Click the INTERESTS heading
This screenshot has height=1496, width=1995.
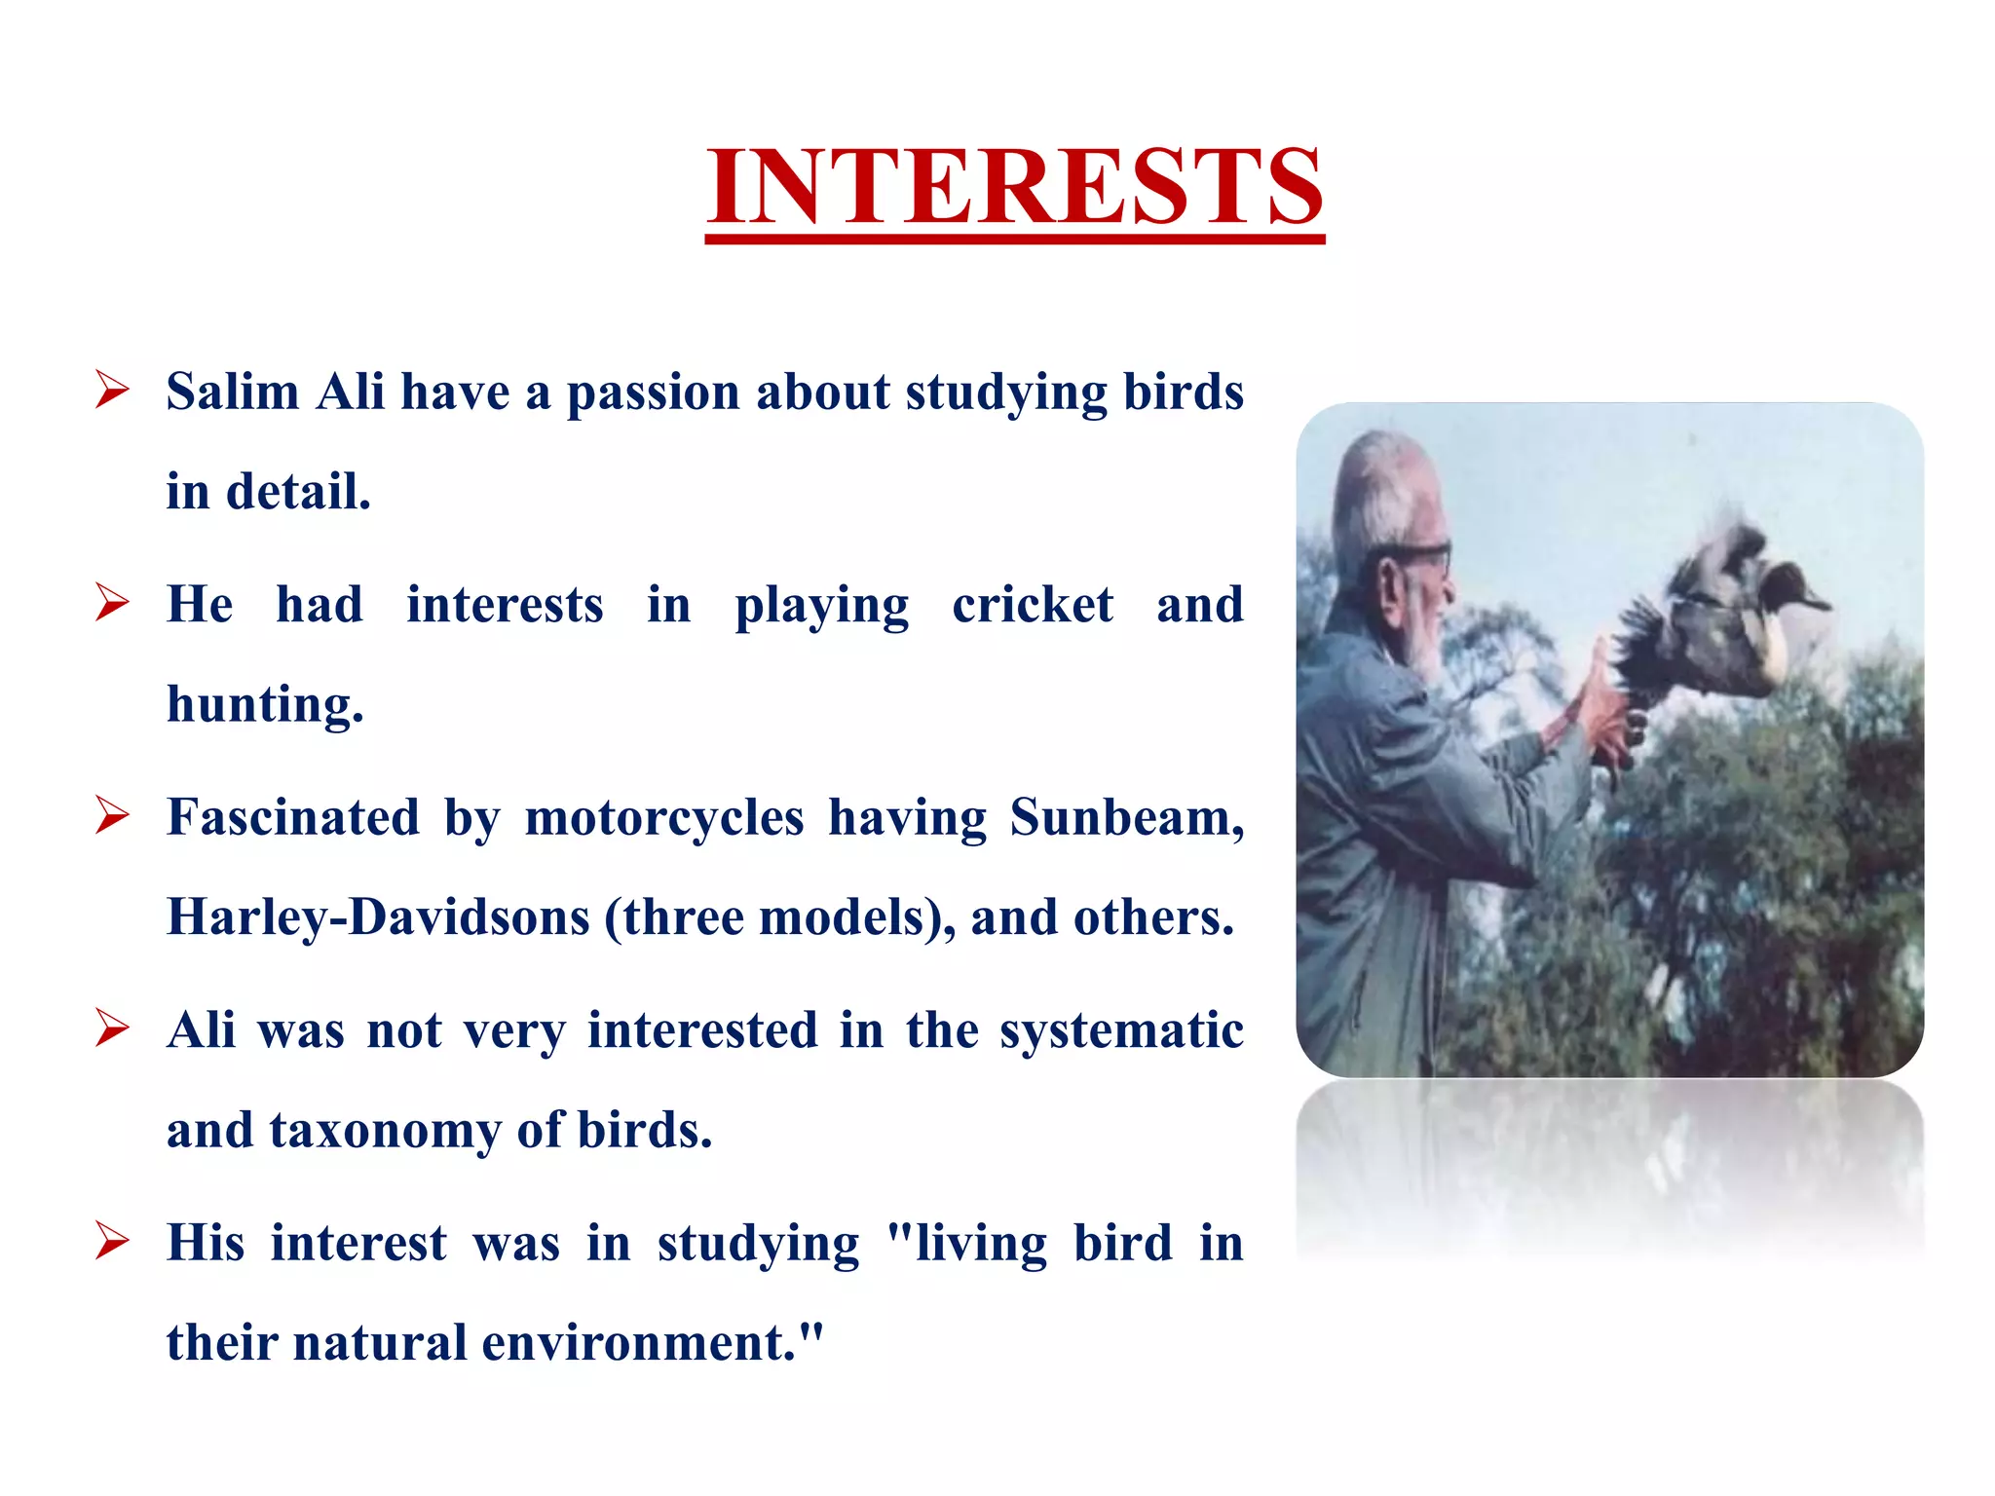[1014, 187]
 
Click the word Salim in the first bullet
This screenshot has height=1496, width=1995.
[232, 393]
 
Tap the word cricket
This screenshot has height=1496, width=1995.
[1032, 605]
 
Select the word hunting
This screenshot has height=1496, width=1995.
[265, 705]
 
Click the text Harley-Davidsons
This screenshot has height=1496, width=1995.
[378, 917]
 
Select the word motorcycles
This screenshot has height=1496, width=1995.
[664, 817]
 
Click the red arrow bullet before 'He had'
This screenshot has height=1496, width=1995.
[112, 603]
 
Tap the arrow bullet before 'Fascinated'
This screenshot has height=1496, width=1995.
[112, 816]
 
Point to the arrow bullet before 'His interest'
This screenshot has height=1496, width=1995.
[112, 1242]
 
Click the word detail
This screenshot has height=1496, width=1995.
[297, 492]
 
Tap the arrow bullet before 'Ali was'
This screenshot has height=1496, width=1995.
[112, 1029]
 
